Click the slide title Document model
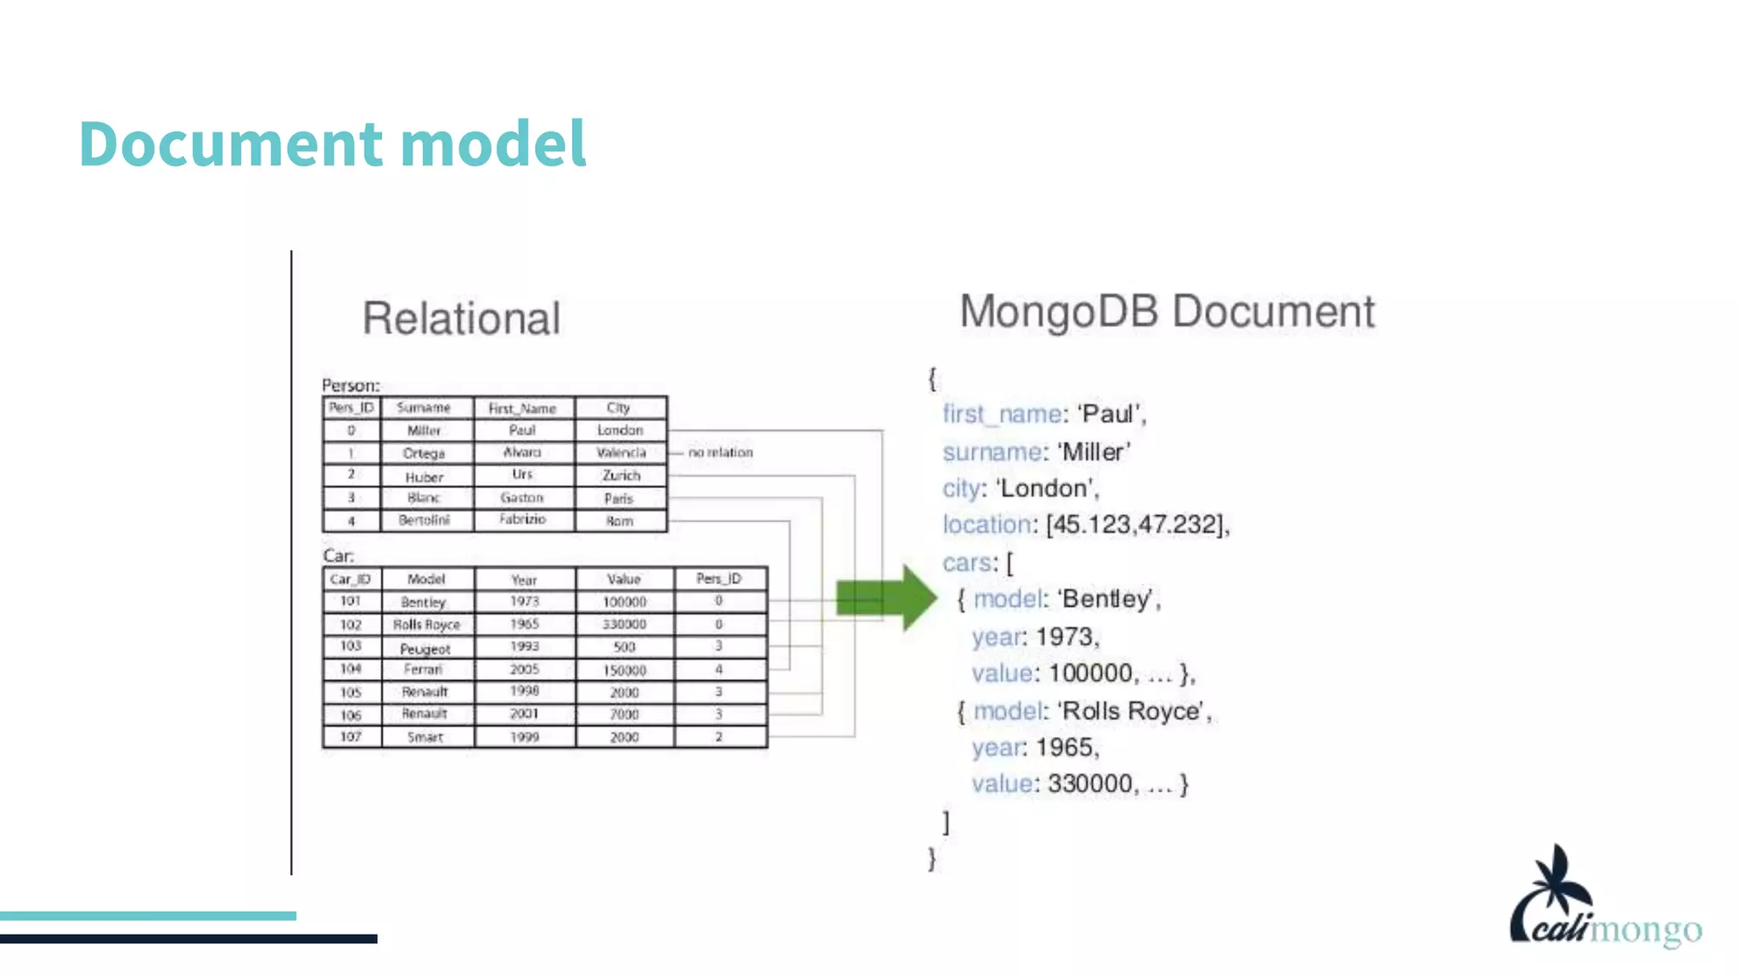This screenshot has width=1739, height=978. pos(332,143)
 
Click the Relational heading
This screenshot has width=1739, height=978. pos(461,319)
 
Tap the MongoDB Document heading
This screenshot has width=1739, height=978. pos(1167,312)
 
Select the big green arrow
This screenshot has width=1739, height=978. pos(886,597)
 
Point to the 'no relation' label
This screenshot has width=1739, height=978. pos(720,452)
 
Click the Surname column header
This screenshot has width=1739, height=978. pos(424,408)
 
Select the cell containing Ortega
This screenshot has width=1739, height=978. pos(424,453)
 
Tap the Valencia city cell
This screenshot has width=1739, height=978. pos(621,453)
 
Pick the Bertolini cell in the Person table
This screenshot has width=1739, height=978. pos(424,520)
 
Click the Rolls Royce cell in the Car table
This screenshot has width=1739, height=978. pos(426,625)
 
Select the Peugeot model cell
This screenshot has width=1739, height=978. pos(425,649)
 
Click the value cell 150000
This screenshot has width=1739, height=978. pos(624,671)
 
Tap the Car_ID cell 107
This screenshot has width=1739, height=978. pos(351,737)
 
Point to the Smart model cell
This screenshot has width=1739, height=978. pos(425,737)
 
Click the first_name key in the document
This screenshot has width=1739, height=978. pos(1001,414)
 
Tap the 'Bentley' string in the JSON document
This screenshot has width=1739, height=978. pos(1108,599)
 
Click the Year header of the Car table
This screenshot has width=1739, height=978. pos(524,580)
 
